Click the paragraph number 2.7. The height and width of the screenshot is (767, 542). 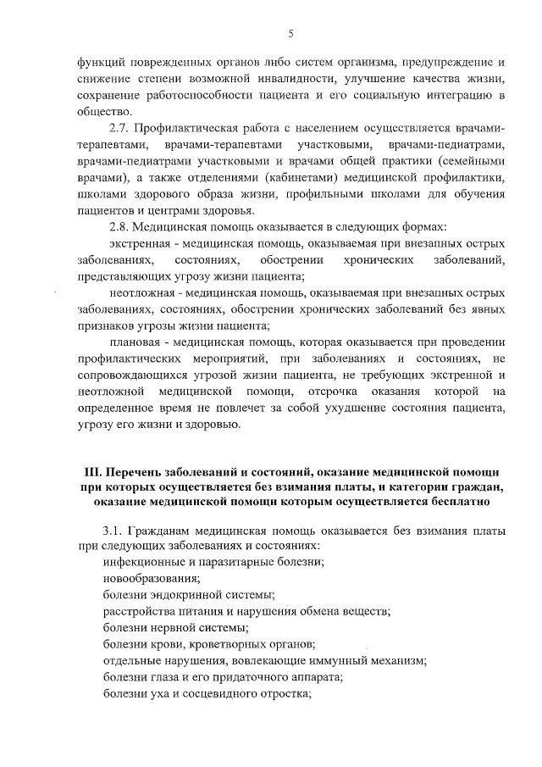[121, 128]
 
